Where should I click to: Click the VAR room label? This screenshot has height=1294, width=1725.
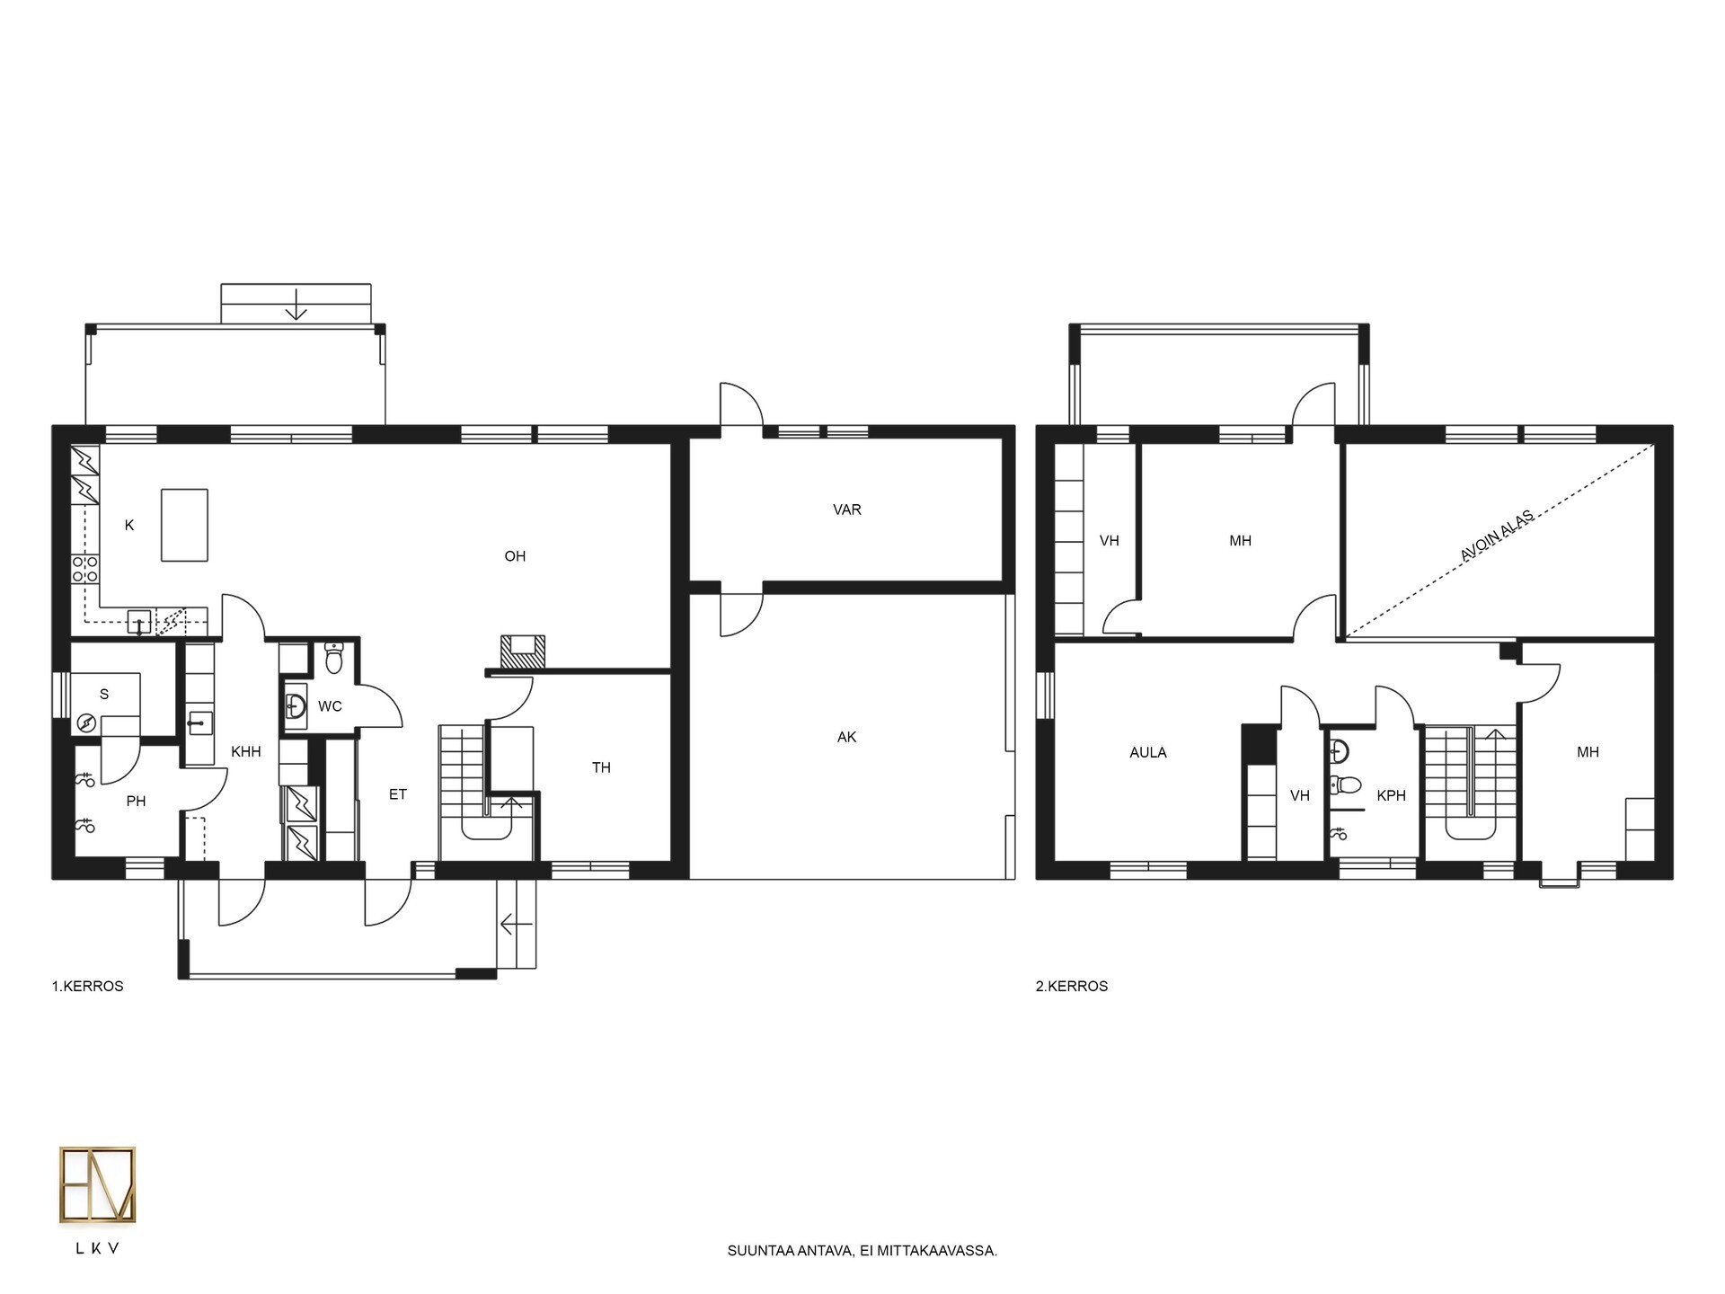click(x=846, y=510)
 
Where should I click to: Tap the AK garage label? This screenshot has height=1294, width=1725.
click(x=846, y=737)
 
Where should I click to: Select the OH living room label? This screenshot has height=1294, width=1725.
click(x=515, y=556)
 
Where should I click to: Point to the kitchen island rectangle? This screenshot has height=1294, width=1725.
click(x=184, y=525)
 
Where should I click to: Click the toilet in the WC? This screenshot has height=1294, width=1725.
click(x=334, y=658)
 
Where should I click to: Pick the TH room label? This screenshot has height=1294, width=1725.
click(x=601, y=767)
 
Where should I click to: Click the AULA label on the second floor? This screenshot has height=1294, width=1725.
click(x=1148, y=753)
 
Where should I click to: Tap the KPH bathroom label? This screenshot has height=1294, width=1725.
click(x=1391, y=795)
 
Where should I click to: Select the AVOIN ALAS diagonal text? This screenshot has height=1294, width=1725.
click(x=1497, y=536)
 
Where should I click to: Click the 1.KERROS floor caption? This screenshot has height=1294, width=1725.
click(x=87, y=986)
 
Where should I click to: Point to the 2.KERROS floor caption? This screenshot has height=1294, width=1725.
click(x=1072, y=986)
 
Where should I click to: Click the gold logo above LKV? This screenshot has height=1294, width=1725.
click(x=98, y=1184)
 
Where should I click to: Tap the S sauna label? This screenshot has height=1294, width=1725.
click(x=104, y=694)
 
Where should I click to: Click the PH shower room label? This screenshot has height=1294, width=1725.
click(x=136, y=802)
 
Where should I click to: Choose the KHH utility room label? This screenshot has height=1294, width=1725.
click(x=246, y=751)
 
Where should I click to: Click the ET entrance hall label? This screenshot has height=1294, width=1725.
click(x=398, y=794)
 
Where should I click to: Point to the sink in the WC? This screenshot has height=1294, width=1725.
click(x=296, y=705)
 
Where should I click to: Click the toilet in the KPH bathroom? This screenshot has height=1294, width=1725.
click(x=1345, y=786)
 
